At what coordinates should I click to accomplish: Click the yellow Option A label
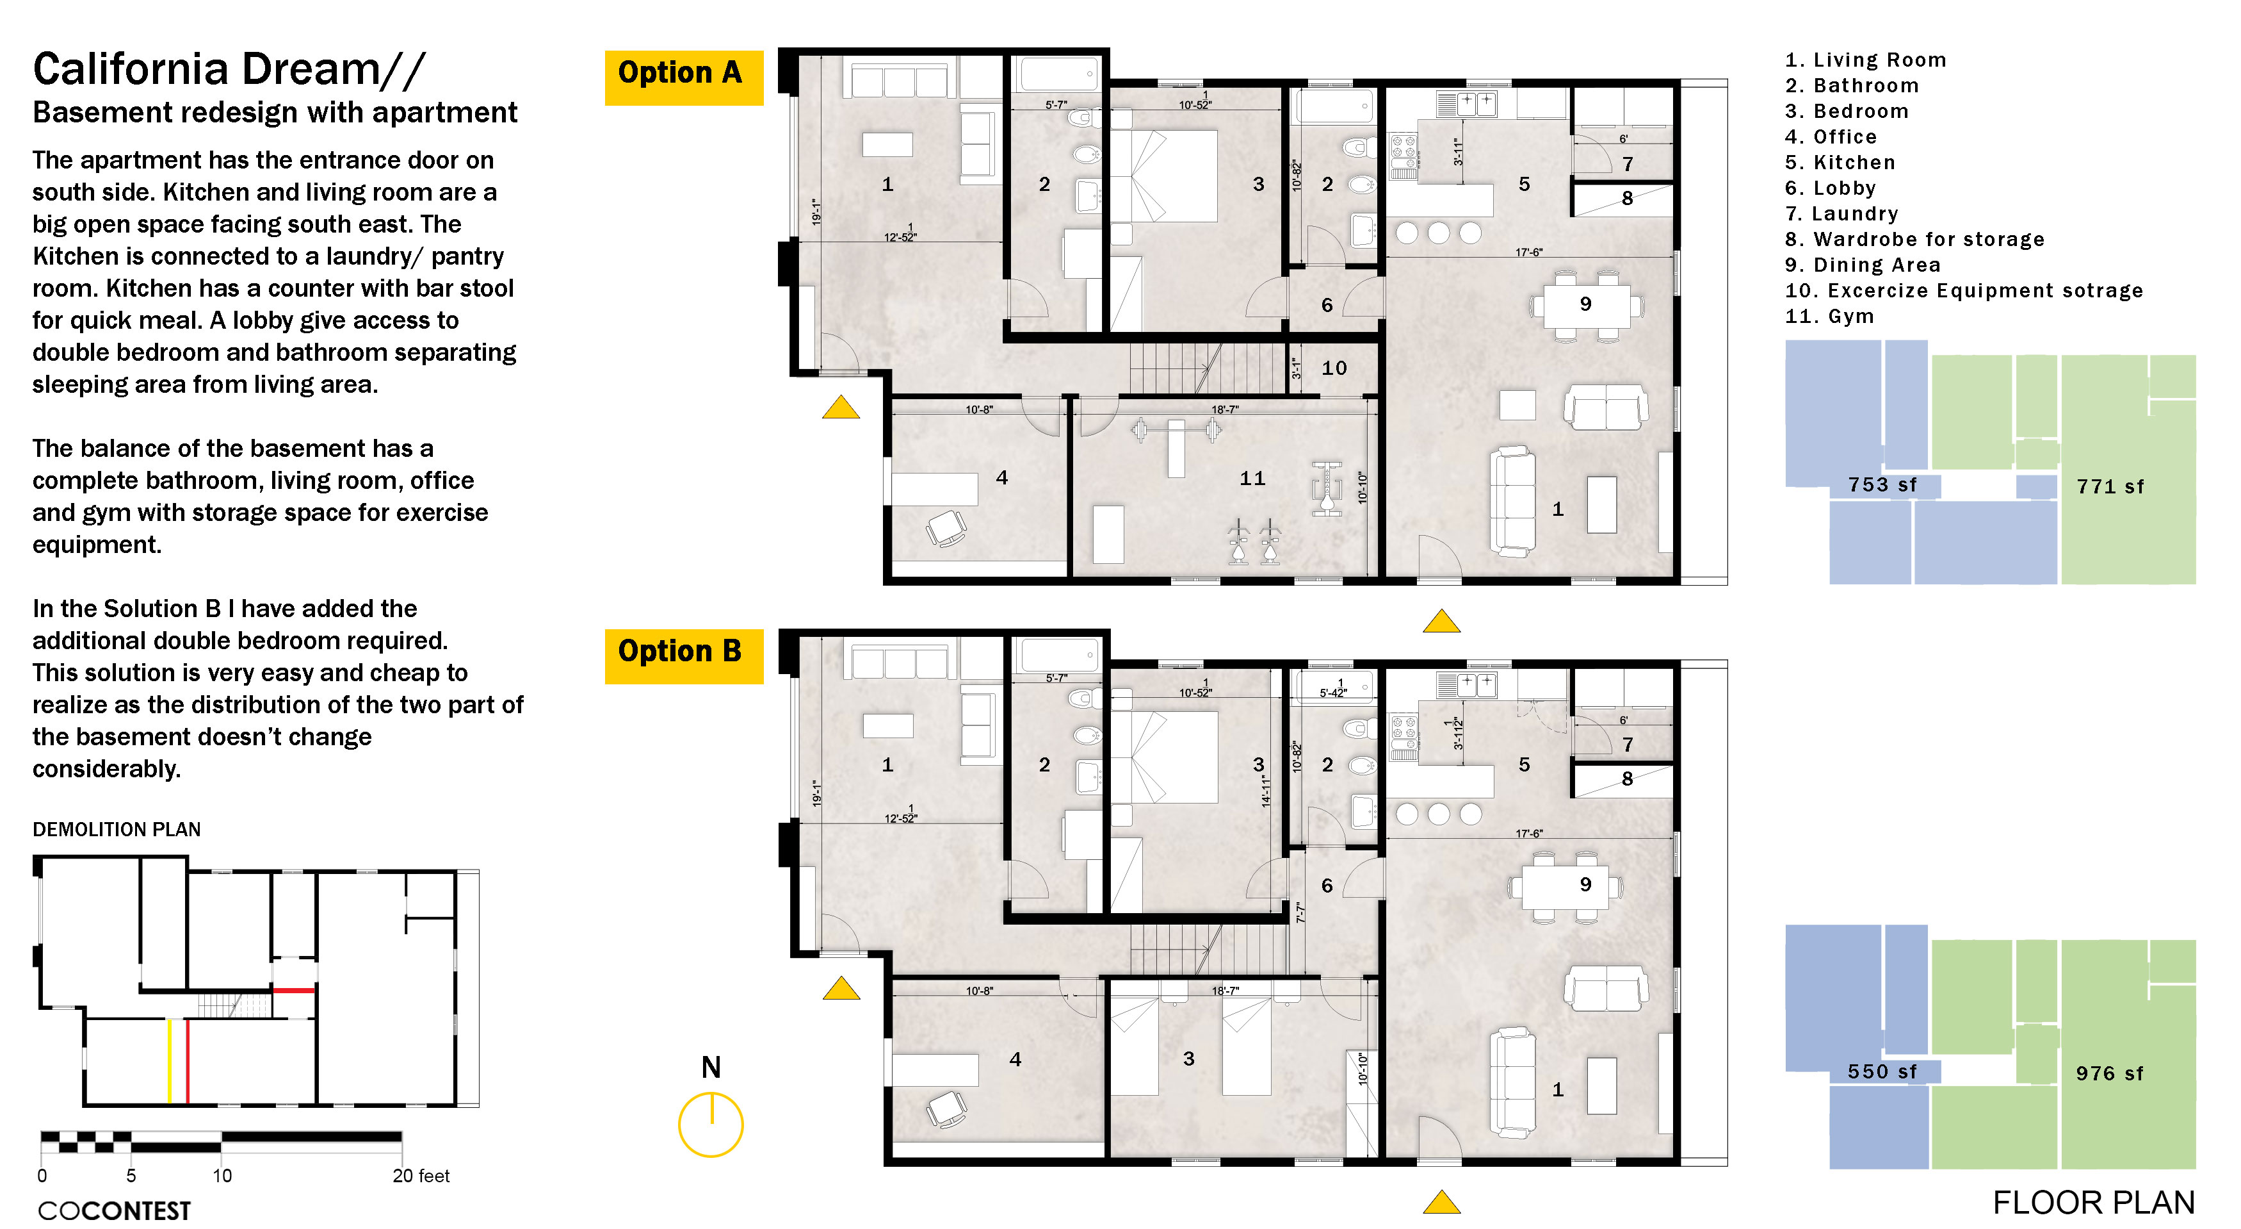click(x=684, y=78)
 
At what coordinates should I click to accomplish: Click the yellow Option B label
click(x=684, y=656)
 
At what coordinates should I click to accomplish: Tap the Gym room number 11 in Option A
click(x=1253, y=479)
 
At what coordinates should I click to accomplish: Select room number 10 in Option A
click(x=1334, y=368)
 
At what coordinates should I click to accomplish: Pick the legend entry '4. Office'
click(x=1831, y=136)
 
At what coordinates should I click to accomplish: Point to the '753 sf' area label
click(x=1882, y=485)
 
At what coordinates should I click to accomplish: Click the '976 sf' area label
click(x=2110, y=1073)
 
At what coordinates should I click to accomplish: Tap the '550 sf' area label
click(x=1882, y=1071)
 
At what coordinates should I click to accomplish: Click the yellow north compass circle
click(x=711, y=1125)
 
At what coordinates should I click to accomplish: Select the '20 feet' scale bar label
click(x=421, y=1176)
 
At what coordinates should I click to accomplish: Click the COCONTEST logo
click(x=114, y=1210)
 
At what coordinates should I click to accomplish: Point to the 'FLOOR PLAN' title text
click(x=2094, y=1203)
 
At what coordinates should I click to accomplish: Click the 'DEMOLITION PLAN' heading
click(x=117, y=830)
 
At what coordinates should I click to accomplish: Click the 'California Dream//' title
click(x=229, y=70)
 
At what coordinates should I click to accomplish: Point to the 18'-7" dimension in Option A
click(x=1225, y=409)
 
